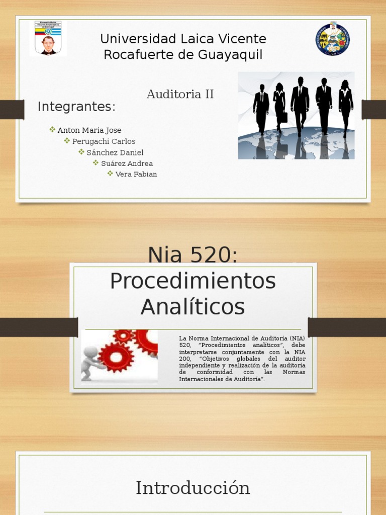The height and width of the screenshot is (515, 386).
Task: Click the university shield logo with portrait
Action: click(x=48, y=38)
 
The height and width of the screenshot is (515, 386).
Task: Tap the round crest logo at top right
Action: click(x=333, y=39)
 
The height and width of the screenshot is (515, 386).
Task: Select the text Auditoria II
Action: click(x=180, y=94)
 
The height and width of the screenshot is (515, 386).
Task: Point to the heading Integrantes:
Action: click(x=76, y=107)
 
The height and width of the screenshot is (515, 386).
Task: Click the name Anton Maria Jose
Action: click(x=89, y=130)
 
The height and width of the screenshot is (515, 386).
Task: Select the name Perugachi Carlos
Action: click(x=104, y=141)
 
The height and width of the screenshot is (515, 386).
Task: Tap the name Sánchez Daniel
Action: click(x=115, y=152)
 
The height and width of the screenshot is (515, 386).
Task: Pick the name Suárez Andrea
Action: click(x=127, y=163)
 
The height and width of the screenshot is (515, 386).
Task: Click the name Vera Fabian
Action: click(x=136, y=174)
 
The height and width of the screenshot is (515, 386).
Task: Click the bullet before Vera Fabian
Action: click(x=110, y=174)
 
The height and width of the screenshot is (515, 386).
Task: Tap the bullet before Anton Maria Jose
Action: click(x=52, y=130)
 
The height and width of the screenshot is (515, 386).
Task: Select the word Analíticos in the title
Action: click(x=192, y=306)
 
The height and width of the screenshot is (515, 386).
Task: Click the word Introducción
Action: click(x=192, y=488)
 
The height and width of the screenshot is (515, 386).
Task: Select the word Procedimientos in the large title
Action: click(x=192, y=281)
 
